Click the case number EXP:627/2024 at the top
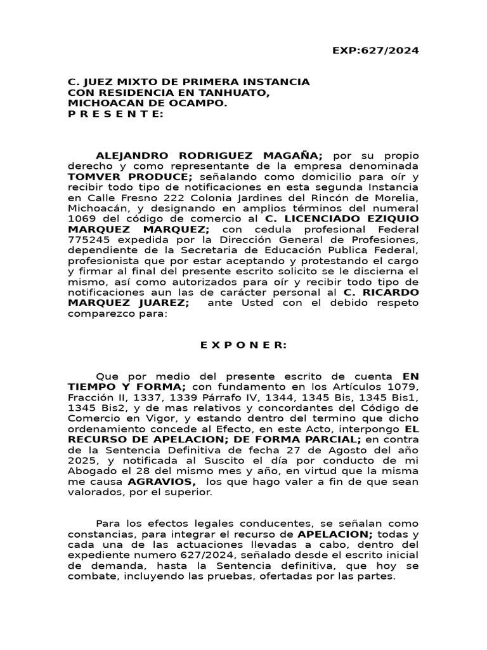point(375,51)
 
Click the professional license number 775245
point(86,239)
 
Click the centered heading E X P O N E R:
point(243,345)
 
